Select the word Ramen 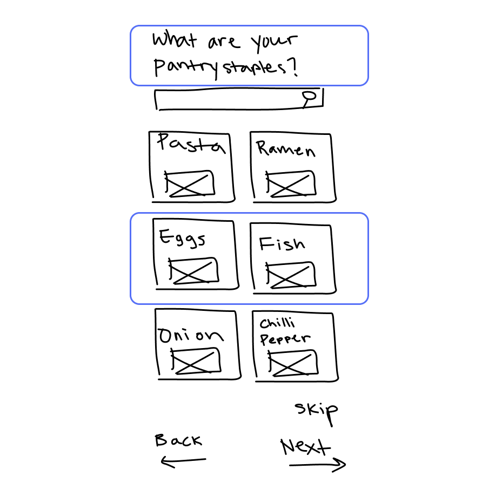click(x=285, y=148)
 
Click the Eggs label click(x=182, y=238)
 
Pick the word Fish click(x=282, y=244)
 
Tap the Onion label click(x=190, y=336)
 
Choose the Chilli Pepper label click(x=284, y=331)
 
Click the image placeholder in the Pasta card click(x=190, y=183)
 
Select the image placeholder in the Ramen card click(x=291, y=185)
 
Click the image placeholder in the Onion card click(x=196, y=360)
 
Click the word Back click(x=178, y=440)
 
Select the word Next click(x=305, y=447)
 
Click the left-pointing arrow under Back click(x=183, y=461)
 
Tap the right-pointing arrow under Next click(x=318, y=464)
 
